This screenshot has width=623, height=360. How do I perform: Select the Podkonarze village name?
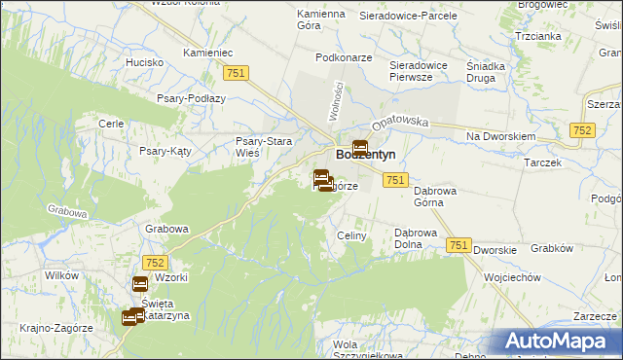pyautogui.click(x=344, y=57)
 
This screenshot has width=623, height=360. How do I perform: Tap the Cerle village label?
pyautogui.click(x=110, y=124)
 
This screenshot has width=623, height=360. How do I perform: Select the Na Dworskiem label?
pyautogui.click(x=501, y=136)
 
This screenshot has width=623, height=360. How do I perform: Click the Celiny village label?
pyautogui.click(x=350, y=235)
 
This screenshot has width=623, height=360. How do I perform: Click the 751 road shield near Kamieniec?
pyautogui.click(x=236, y=73)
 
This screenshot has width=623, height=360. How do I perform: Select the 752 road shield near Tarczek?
pyautogui.click(x=583, y=130)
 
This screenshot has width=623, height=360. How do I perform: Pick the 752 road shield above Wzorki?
pyautogui.click(x=155, y=263)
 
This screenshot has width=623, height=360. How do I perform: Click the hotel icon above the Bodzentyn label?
pyautogui.click(x=359, y=148)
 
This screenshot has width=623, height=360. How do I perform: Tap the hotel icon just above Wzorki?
pyautogui.click(x=139, y=284)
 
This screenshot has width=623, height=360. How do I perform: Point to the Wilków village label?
pyautogui.click(x=61, y=275)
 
